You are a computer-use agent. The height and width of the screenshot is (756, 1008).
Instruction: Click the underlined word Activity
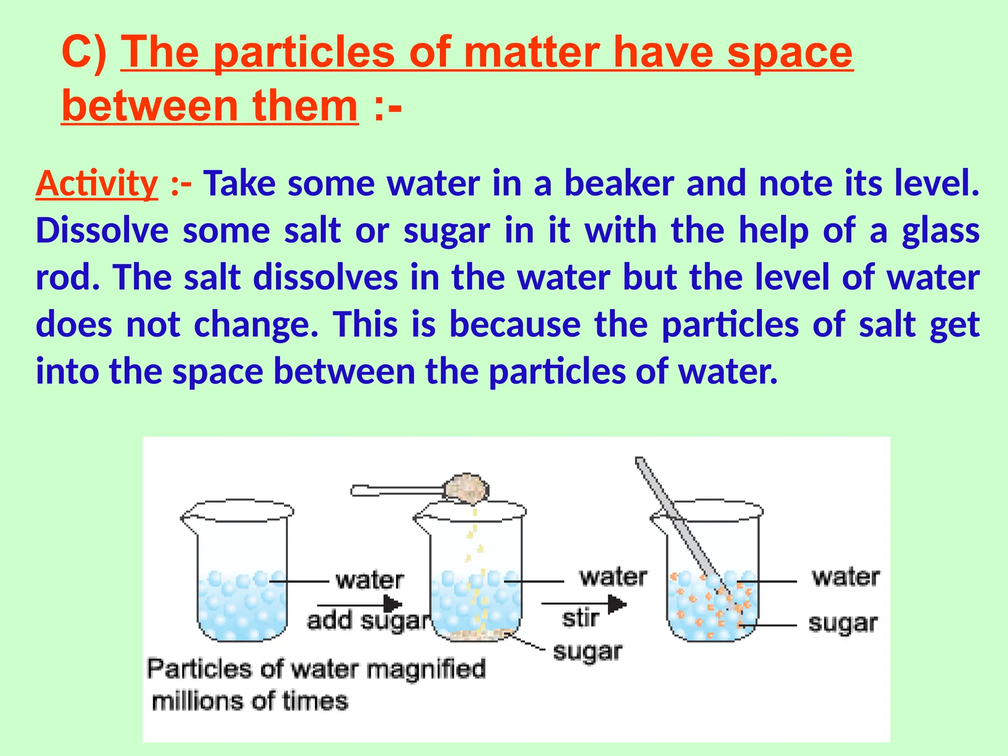point(96,184)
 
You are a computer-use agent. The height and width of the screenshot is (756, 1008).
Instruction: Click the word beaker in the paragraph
point(619,184)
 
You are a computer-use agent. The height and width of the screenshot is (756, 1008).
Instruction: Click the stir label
point(581,618)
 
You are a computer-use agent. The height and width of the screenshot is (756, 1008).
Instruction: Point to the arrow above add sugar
point(360,604)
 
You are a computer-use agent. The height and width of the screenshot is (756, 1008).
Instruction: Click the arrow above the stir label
point(584,603)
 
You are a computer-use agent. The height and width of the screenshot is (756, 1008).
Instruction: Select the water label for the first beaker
point(370,581)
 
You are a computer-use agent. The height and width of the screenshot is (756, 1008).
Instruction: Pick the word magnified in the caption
point(426,669)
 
